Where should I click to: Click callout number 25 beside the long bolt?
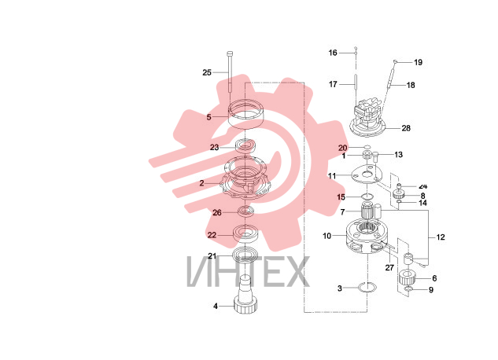[207, 72]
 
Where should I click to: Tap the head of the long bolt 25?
[230, 53]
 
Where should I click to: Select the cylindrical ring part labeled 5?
[246, 114]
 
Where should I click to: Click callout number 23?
[214, 148]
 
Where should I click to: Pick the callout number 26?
[217, 212]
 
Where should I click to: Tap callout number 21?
[212, 256]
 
